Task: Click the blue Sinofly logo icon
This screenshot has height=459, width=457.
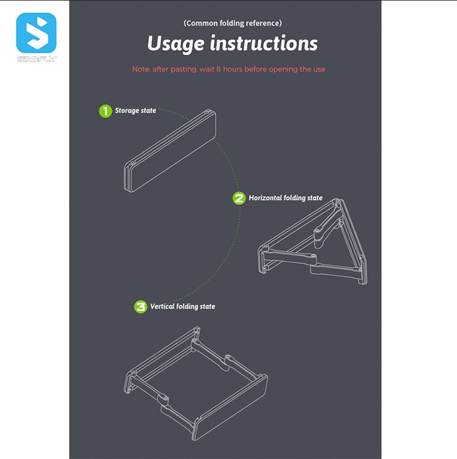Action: click(36, 33)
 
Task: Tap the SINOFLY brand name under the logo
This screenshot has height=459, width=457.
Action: click(37, 59)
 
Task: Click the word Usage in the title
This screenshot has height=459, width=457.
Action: click(176, 44)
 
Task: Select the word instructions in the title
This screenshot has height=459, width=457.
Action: click(264, 43)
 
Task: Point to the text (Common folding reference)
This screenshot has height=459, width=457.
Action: click(233, 23)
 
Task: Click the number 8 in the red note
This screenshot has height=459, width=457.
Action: click(219, 69)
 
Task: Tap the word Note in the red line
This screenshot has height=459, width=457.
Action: click(141, 69)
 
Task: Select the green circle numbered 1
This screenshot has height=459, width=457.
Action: click(105, 111)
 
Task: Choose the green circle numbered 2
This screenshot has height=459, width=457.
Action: click(239, 199)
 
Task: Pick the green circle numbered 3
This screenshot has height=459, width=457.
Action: click(140, 307)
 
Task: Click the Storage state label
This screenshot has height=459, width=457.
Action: click(135, 111)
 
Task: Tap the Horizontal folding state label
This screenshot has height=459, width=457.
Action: click(285, 198)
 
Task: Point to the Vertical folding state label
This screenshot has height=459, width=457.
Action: click(183, 306)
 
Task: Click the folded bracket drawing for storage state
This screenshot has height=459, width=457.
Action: click(170, 150)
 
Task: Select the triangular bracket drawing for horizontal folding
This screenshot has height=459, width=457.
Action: click(313, 242)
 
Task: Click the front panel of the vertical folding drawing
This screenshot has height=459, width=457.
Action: click(231, 408)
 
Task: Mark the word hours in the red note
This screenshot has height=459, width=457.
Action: click(233, 69)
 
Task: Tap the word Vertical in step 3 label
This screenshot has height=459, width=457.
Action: click(162, 306)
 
